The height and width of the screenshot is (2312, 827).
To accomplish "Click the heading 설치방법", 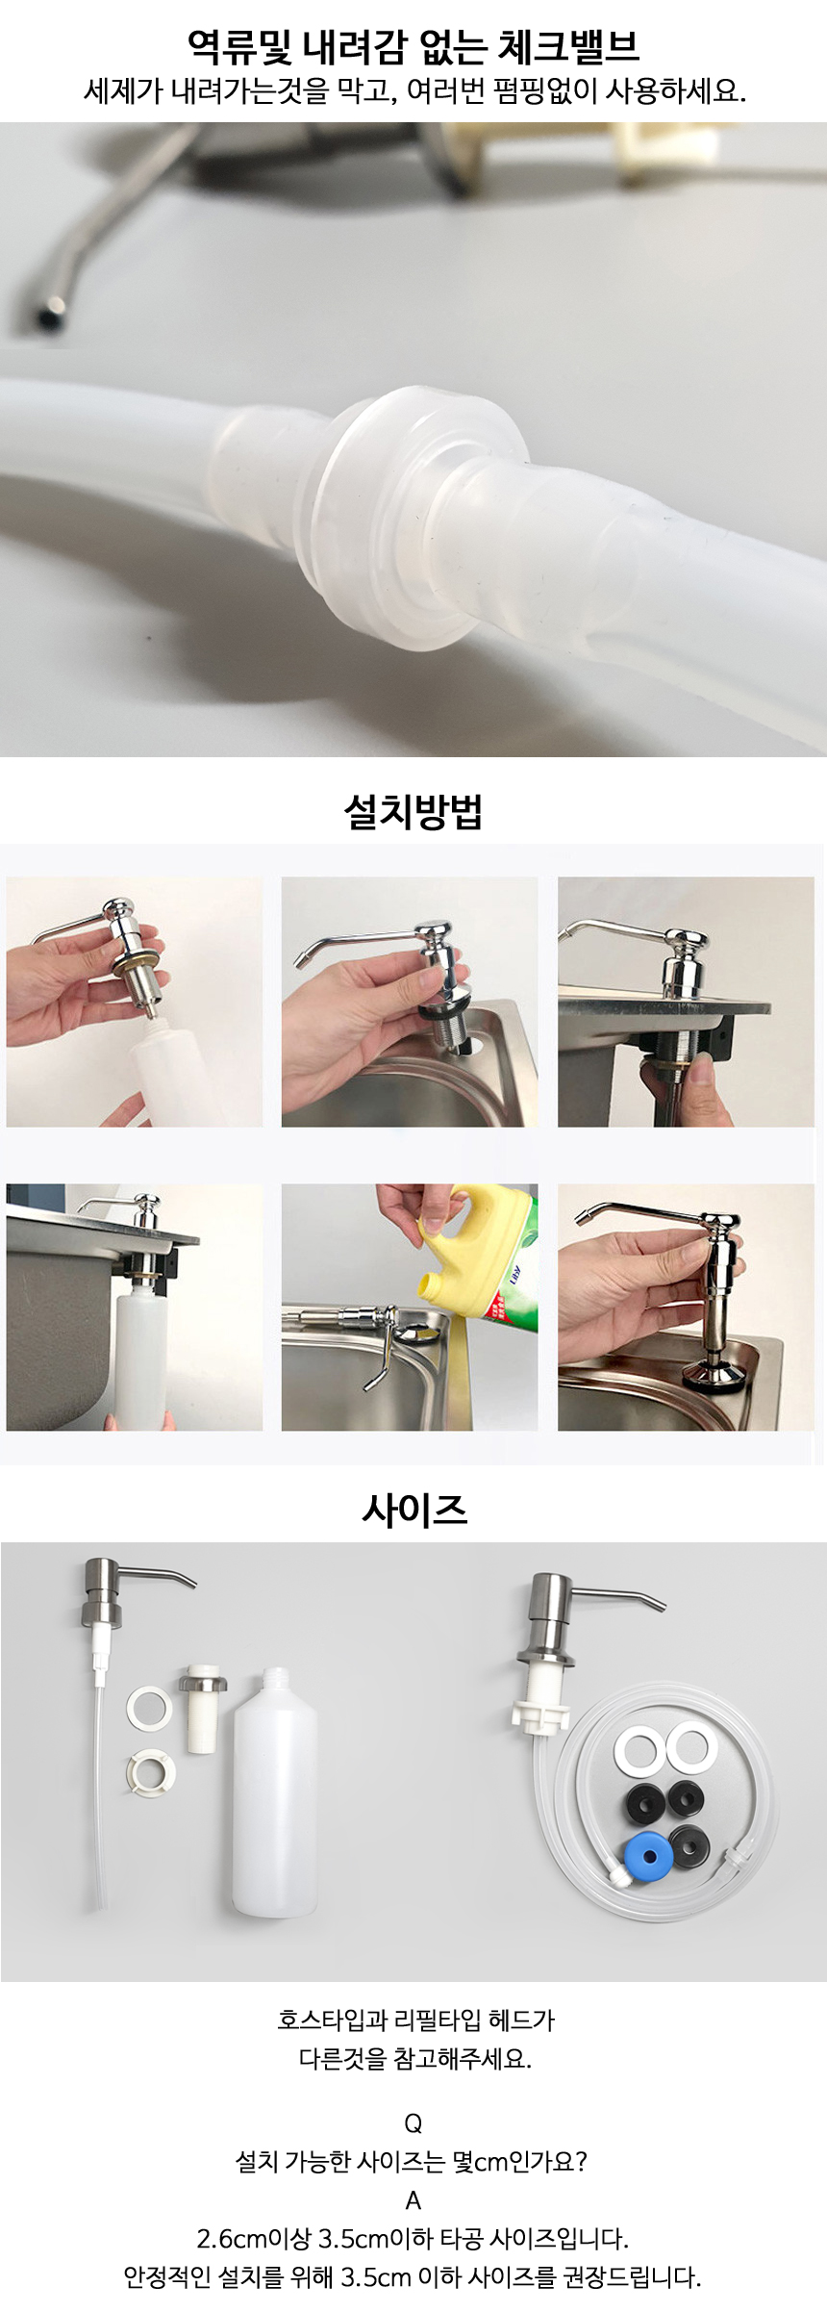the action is coord(413,811).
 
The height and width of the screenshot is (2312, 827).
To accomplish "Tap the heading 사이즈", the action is coord(414,1509).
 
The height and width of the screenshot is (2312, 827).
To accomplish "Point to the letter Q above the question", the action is coord(413,2123).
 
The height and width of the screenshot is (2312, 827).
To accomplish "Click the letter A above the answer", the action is coord(413,2200).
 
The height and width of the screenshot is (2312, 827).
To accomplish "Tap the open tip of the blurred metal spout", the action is coord(46,314).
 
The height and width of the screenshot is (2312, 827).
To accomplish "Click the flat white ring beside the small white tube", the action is coord(149,1708).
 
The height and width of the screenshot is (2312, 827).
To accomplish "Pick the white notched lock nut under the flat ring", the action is coord(150,1770).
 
